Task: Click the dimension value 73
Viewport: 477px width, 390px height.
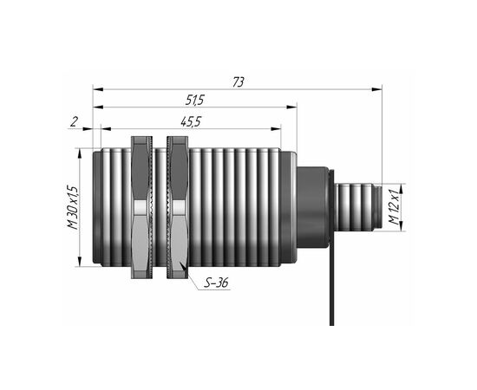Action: point(238,82)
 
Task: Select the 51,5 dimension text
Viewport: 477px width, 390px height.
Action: point(194,100)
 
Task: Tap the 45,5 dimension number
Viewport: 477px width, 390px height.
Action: point(191,122)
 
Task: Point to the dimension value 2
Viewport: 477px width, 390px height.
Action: point(75,122)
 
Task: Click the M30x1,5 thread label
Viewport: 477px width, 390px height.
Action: point(73,208)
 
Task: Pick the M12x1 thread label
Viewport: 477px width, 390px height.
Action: point(394,207)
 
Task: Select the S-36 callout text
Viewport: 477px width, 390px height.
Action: point(216,283)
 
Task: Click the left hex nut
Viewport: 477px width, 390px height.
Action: point(141,207)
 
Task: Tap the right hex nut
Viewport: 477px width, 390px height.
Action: point(178,207)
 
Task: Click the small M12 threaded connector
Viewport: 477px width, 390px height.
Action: point(358,207)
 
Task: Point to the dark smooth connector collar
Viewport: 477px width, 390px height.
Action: point(313,207)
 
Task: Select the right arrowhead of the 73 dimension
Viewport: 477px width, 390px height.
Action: point(377,89)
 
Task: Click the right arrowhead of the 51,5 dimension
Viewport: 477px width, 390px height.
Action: point(291,107)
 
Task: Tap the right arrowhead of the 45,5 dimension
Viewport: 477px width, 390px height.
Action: point(276,129)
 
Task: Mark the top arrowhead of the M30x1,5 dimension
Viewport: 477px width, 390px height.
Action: point(80,153)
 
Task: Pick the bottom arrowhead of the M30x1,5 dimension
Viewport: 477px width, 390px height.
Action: point(80,262)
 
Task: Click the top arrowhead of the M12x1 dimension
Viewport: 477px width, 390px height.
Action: point(401,188)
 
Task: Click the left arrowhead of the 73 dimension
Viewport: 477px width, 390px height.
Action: point(98,89)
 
